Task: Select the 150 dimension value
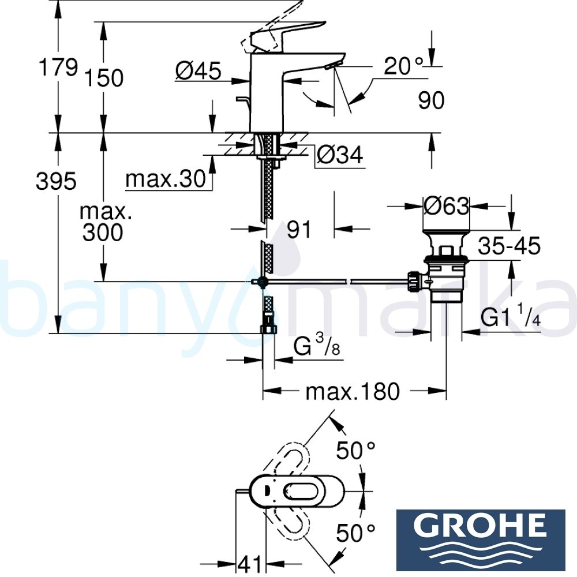click(x=104, y=78)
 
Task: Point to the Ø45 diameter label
click(x=198, y=71)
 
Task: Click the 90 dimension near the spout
click(x=431, y=100)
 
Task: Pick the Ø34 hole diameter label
click(x=340, y=155)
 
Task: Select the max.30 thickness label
click(x=166, y=179)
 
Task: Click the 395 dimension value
click(x=56, y=182)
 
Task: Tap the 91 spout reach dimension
click(x=299, y=230)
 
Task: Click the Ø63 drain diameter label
click(x=446, y=205)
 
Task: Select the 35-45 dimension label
click(x=509, y=246)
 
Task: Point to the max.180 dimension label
click(x=352, y=392)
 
